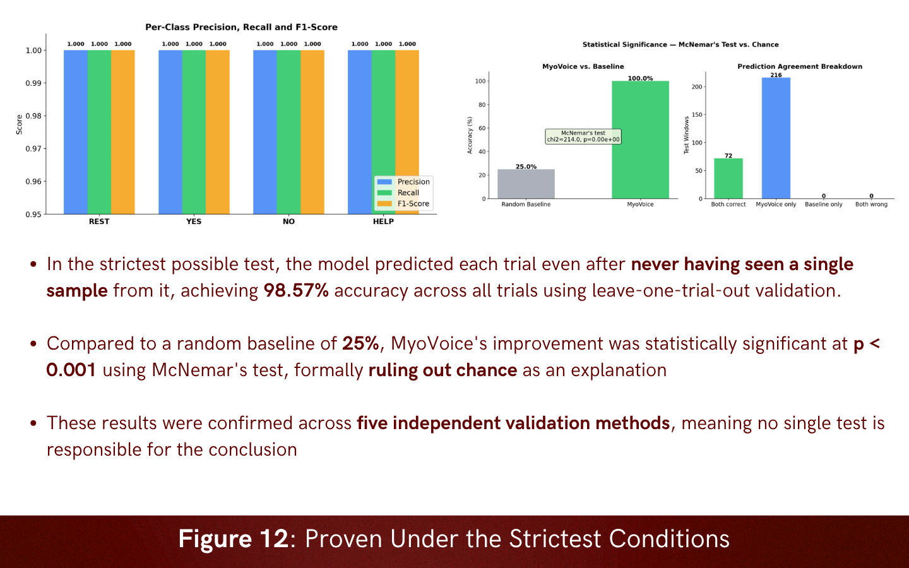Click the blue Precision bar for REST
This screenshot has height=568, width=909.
tap(76, 132)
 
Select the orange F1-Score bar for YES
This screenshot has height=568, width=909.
tap(218, 132)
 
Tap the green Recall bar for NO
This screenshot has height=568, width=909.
tap(288, 132)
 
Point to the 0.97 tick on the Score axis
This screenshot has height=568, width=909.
tap(33, 149)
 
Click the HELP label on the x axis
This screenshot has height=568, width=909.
tap(383, 222)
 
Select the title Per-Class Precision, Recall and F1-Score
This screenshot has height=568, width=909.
tap(241, 27)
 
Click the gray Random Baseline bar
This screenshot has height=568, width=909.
tap(526, 184)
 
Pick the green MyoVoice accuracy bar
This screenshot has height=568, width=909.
tap(640, 139)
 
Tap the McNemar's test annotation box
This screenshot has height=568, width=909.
tap(583, 136)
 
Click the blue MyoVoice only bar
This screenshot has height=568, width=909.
tap(776, 138)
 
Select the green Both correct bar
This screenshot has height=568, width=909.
tap(728, 179)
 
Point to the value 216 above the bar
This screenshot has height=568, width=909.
tap(776, 75)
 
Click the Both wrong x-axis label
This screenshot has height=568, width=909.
tap(871, 204)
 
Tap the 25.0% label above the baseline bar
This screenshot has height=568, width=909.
tap(526, 167)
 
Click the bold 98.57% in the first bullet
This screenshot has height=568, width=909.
tap(296, 290)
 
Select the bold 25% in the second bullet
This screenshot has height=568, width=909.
tap(360, 343)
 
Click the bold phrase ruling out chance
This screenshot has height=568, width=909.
tap(443, 370)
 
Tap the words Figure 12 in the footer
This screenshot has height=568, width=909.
tap(234, 539)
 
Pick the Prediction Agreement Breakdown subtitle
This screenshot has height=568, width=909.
tap(800, 66)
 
